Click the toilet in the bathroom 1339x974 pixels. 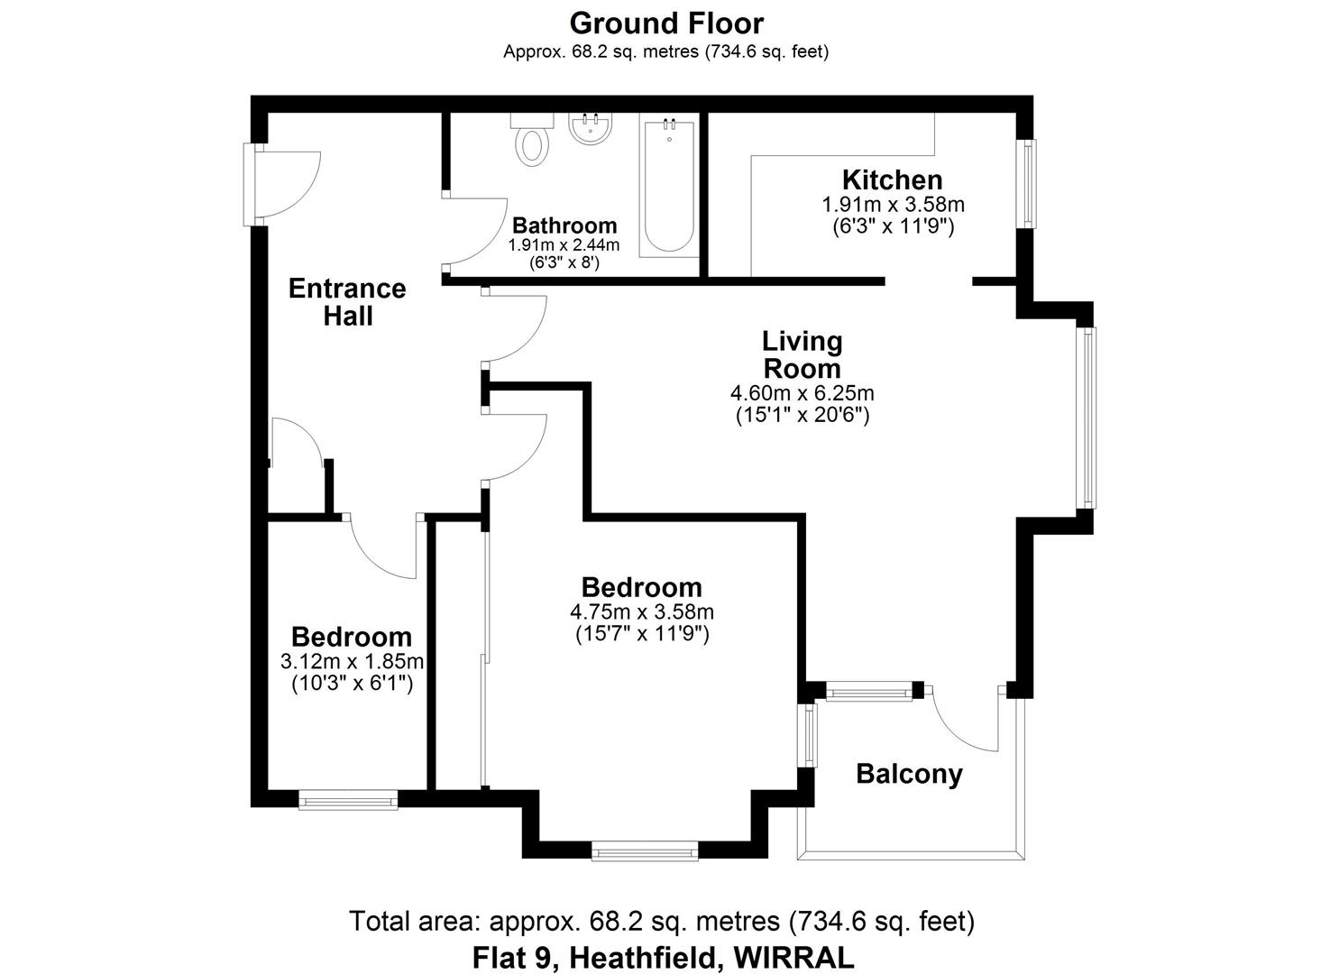coord(531,140)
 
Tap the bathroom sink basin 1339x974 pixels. coord(591,129)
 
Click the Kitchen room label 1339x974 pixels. coord(892,179)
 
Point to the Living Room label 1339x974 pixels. coord(802,354)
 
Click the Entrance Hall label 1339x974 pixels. coord(347,302)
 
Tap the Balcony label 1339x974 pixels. coord(909,774)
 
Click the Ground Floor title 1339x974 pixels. coord(666,23)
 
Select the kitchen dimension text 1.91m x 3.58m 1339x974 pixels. coord(893,205)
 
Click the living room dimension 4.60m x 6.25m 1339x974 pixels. coord(802,393)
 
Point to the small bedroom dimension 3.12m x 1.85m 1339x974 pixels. coord(352,663)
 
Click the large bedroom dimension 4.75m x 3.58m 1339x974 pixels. coord(641,612)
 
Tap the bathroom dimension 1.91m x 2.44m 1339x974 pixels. coord(564,245)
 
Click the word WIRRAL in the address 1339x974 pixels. coord(793,956)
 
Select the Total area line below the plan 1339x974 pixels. coord(662,922)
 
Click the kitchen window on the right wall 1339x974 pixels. coord(1027,183)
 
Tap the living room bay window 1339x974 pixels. coord(1089,417)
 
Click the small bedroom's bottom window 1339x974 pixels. coord(348,799)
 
